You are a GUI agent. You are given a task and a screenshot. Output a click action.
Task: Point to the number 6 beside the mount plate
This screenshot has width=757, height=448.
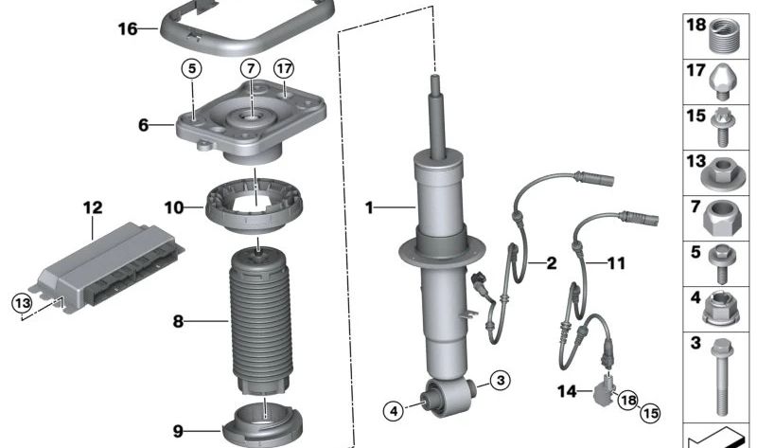pos(144,124)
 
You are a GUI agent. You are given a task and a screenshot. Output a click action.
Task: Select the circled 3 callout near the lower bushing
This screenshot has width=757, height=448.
pos(502,380)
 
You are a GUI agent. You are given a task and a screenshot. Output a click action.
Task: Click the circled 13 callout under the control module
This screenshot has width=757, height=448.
pos(21,302)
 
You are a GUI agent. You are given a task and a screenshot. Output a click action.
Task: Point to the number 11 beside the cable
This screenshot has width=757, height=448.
pos(615,263)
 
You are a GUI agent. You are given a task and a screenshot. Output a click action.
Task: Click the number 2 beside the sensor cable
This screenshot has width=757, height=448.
pos(550,263)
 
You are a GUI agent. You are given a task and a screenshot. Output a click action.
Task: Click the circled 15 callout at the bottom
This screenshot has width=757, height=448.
pos(648,413)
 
